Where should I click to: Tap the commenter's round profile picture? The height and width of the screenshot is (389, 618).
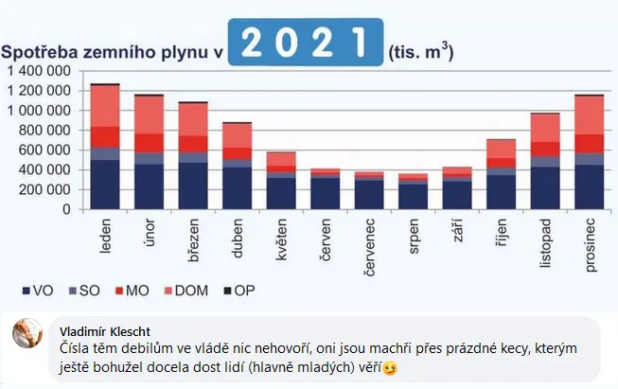point(26,334)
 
